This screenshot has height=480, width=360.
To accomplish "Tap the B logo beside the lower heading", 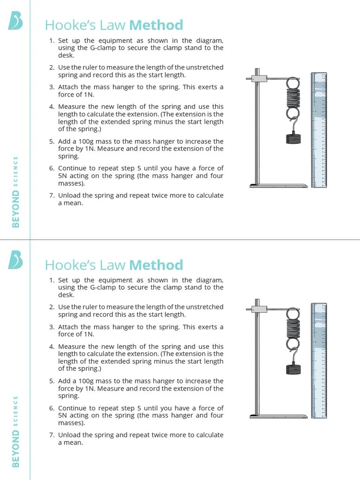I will pos(15,260).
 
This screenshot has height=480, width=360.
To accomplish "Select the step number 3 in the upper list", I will pos(52,87).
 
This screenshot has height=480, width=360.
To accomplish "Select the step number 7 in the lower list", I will pos(52,435).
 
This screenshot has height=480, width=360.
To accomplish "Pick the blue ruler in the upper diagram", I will pos(319,130).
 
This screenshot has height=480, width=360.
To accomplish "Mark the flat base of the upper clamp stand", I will pos(278,186).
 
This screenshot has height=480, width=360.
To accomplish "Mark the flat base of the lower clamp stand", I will pos(278,416).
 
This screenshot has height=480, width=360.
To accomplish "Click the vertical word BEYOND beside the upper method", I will pos(16,212).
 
